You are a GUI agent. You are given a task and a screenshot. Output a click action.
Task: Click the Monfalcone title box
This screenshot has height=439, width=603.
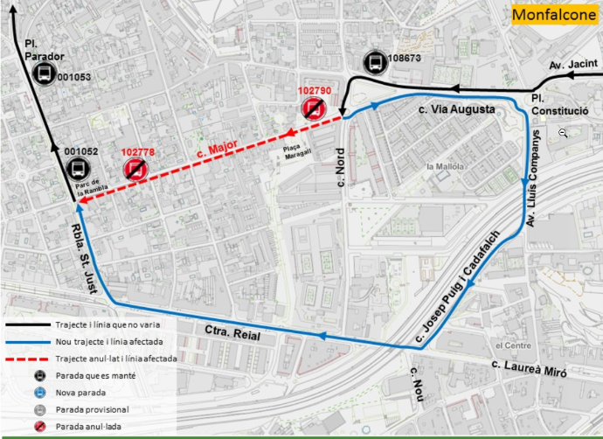554,15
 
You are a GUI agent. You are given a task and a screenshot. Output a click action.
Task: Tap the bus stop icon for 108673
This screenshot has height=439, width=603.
373,62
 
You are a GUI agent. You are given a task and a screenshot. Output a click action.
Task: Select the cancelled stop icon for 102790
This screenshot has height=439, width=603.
314,108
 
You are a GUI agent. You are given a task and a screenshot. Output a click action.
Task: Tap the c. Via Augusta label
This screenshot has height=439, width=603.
456,109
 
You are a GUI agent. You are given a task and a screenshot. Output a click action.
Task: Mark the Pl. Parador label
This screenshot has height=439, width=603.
44,49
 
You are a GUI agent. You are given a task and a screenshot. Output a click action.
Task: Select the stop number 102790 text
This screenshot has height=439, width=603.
315,90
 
